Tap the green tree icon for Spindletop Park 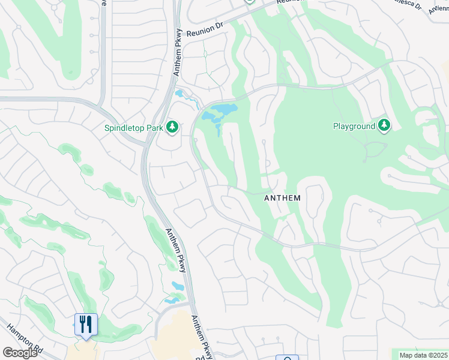coord(172,127)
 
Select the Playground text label coord(353,126)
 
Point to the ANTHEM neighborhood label coord(282,197)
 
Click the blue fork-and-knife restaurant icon coord(86,325)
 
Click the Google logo coord(20,353)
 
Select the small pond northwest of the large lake coord(179,94)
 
